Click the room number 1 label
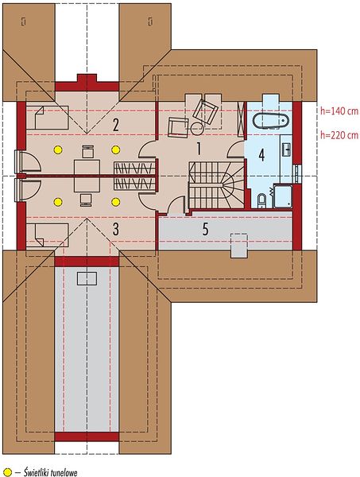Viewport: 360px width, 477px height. [199, 149]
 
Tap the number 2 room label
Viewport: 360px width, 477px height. [115, 125]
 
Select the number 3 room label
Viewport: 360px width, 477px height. [115, 229]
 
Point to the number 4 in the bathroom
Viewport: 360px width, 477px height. [261, 155]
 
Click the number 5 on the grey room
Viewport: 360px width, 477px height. [206, 229]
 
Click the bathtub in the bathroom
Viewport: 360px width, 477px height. [270, 121]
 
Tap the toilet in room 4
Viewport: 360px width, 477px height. [261, 201]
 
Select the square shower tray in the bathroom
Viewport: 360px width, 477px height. [283, 196]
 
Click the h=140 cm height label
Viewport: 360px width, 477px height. [339, 111]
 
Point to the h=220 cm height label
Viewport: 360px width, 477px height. [339, 135]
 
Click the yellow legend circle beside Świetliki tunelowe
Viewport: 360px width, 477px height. [7, 472]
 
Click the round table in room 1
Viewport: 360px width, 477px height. [197, 128]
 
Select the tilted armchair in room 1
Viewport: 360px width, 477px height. [206, 111]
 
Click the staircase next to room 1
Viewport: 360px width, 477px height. [216, 185]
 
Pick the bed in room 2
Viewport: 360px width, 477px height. [47, 118]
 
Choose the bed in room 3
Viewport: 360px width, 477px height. [47, 235]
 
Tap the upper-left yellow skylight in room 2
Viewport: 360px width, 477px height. [58, 149]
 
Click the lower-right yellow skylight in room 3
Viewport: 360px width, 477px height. [115, 202]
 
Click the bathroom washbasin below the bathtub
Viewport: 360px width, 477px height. [286, 149]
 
